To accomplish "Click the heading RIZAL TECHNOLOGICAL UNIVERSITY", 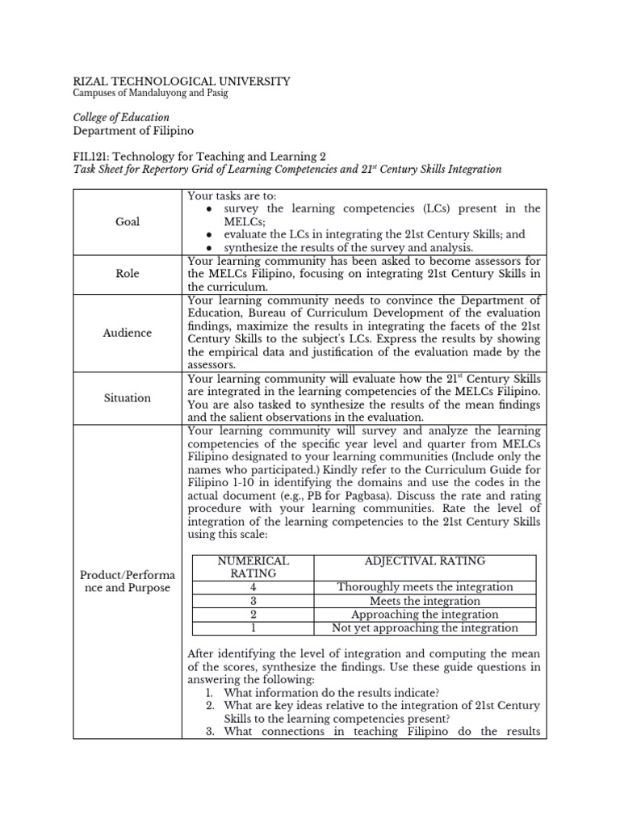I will tap(181, 82).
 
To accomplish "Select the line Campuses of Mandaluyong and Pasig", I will tap(150, 94).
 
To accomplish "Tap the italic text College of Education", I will tap(121, 118).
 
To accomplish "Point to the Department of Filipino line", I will tap(133, 131).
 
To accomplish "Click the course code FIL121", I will tap(94, 156).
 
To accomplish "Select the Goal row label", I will tap(128, 221).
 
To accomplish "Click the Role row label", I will tap(128, 274).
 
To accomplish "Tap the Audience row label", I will tap(128, 333).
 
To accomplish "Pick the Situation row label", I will tap(128, 397).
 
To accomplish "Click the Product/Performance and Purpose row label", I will tap(128, 581).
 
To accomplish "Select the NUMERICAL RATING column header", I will tap(253, 567).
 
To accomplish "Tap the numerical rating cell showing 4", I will tap(253, 587).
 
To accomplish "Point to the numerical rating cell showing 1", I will tap(253, 628).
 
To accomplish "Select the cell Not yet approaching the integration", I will tap(425, 628).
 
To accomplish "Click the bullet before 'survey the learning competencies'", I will tap(210, 209).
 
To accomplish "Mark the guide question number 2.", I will tap(208, 706).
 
